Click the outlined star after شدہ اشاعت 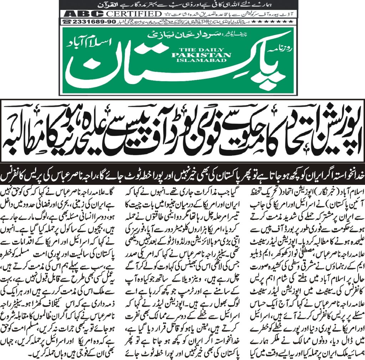pos(166,14)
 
